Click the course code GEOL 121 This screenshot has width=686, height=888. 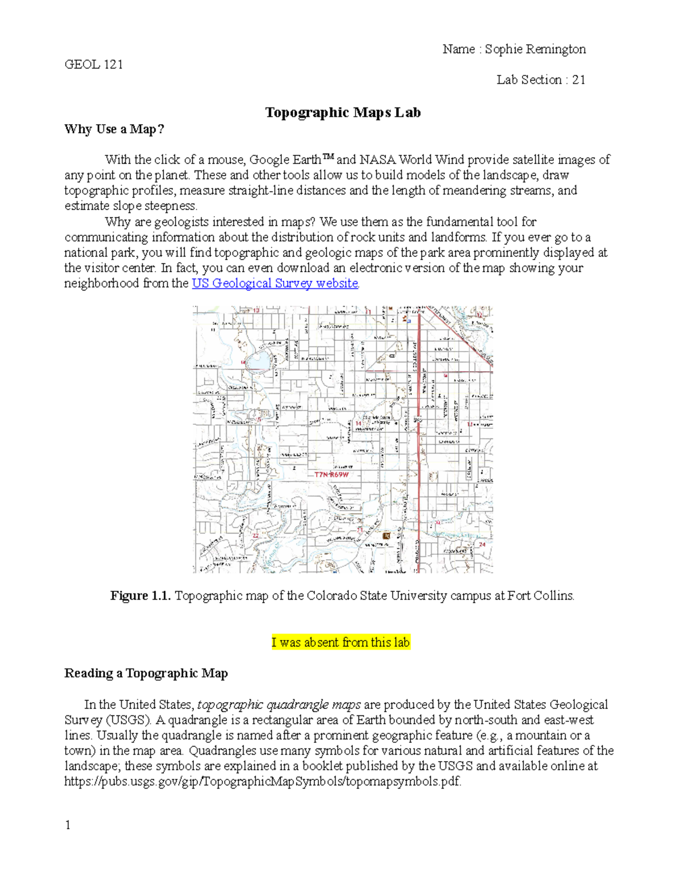tap(94, 64)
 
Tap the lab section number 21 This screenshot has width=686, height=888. tap(579, 79)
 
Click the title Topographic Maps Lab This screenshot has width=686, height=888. tap(343, 113)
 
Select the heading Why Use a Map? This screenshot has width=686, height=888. tap(114, 129)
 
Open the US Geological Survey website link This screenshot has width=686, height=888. tap(275, 283)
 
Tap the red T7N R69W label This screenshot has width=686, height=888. tap(331, 475)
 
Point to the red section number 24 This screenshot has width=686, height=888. tap(482, 544)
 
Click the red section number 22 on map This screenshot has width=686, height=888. tap(256, 535)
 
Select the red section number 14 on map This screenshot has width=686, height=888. tap(358, 424)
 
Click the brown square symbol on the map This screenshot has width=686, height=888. tap(386, 536)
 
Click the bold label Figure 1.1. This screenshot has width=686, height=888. tap(141, 596)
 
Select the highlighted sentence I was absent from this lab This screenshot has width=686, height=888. tap(341, 642)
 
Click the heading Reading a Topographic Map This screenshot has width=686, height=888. tap(146, 673)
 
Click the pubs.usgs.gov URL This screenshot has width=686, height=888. tap(262, 781)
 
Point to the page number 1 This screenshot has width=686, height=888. tap(68, 825)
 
